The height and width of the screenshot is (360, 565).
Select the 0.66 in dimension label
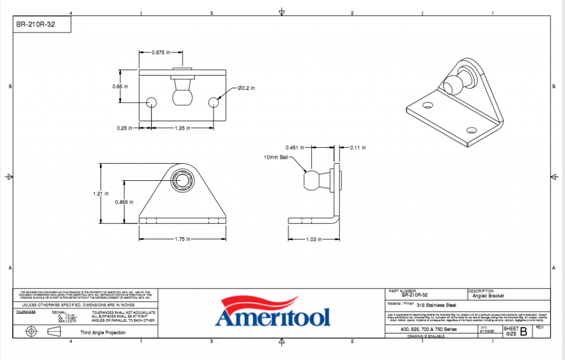(x=120, y=87)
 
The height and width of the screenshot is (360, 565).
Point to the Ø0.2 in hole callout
(x=246, y=88)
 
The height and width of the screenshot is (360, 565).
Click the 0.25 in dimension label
(x=125, y=128)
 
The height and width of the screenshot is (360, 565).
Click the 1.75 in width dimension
(x=182, y=239)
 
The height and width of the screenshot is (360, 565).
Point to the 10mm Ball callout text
(x=276, y=157)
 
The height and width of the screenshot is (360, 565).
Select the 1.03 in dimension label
(x=313, y=239)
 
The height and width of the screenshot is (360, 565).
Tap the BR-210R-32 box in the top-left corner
(x=42, y=24)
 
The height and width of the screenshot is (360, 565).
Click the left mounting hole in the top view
(x=151, y=102)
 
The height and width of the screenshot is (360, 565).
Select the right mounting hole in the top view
(x=214, y=102)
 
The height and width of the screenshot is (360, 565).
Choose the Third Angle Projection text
(x=103, y=332)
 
